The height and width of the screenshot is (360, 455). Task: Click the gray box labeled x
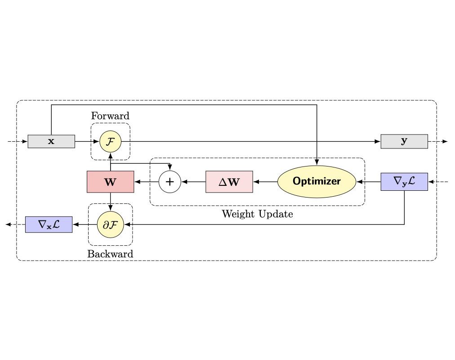pyautogui.click(x=51, y=141)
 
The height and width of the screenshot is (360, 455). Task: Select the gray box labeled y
pyautogui.click(x=404, y=141)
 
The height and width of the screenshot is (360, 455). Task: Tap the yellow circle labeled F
pyautogui.click(x=110, y=141)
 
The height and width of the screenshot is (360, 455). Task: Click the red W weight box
pyautogui.click(x=110, y=182)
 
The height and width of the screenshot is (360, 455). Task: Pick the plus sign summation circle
pyautogui.click(x=170, y=182)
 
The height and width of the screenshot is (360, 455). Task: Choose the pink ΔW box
pyautogui.click(x=229, y=182)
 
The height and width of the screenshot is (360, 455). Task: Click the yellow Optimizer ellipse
pyautogui.click(x=317, y=182)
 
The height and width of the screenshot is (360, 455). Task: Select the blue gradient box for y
pyautogui.click(x=404, y=182)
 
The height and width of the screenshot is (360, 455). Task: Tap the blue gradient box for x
pyautogui.click(x=49, y=224)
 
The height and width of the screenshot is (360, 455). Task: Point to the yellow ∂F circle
pyautogui.click(x=110, y=224)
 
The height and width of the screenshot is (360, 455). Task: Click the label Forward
pyautogui.click(x=110, y=116)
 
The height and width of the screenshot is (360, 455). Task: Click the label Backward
pyautogui.click(x=110, y=254)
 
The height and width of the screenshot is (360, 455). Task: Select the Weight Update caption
pyautogui.click(x=257, y=214)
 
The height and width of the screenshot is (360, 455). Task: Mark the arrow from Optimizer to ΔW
pyautogui.click(x=265, y=182)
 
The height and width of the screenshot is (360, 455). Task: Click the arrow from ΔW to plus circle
pyautogui.click(x=193, y=182)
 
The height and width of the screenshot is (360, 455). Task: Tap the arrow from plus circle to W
pyautogui.click(x=147, y=182)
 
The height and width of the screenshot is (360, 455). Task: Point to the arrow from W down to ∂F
pyautogui.click(x=110, y=202)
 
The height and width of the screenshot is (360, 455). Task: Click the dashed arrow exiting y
pyautogui.click(x=437, y=141)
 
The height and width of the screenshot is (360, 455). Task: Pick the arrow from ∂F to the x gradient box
pyautogui.click(x=85, y=224)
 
